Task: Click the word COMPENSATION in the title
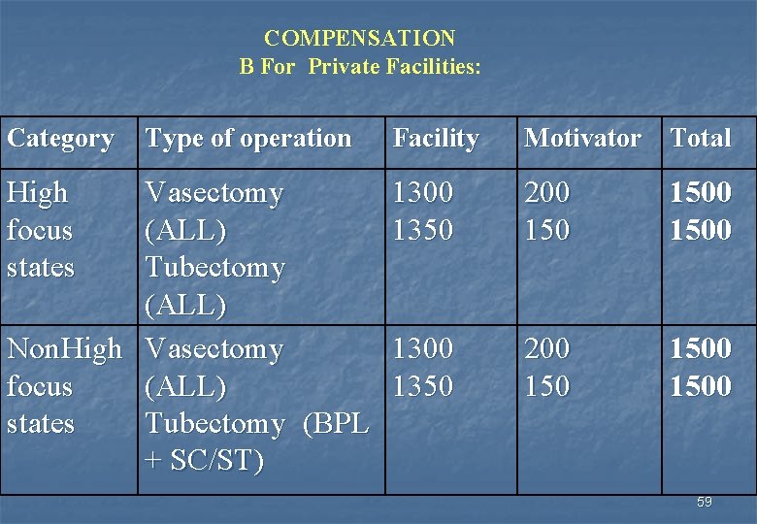(359, 39)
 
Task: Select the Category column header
(60, 139)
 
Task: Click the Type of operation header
(248, 139)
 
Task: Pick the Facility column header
(436, 139)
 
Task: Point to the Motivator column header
(582, 139)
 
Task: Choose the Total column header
(701, 139)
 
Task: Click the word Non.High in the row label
(64, 348)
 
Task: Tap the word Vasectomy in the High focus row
(214, 193)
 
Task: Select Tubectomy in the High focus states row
(214, 268)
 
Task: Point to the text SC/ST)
(215, 462)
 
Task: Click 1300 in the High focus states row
(422, 193)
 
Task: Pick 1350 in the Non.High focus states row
(422, 386)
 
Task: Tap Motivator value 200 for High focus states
(547, 193)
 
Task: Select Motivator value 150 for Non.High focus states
(547, 386)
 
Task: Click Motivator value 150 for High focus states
(547, 231)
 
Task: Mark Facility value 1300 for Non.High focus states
(422, 348)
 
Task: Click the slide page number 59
(704, 503)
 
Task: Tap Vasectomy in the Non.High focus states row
(214, 348)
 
